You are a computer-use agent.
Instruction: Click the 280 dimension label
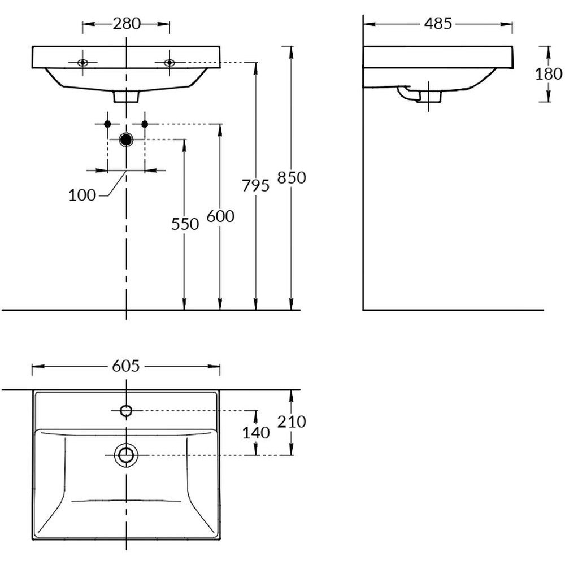point(127,24)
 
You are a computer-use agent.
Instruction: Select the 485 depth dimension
point(438,24)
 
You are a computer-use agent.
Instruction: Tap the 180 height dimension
point(549,74)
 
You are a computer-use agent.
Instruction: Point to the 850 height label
point(292,177)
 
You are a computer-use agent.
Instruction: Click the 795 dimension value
point(255,186)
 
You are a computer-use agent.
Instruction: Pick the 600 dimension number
point(220,216)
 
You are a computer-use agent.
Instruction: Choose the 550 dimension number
point(185,224)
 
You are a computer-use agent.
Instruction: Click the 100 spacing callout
point(82,195)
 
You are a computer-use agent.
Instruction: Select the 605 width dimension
point(126,366)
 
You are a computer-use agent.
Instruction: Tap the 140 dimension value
point(256,433)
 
